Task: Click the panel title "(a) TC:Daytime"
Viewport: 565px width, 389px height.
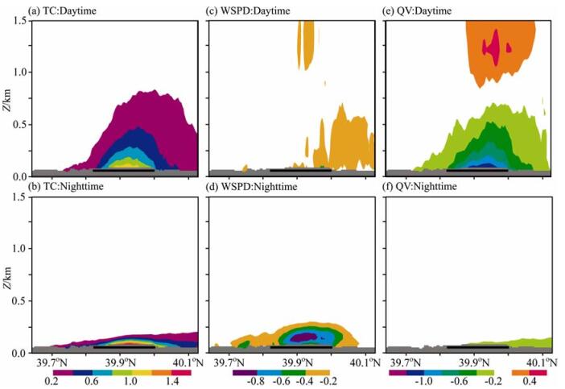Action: point(60,10)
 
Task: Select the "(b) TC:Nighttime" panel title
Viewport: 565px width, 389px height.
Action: point(64,188)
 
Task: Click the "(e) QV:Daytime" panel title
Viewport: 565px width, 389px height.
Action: point(421,10)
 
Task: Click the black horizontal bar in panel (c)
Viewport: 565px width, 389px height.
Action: point(299,170)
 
